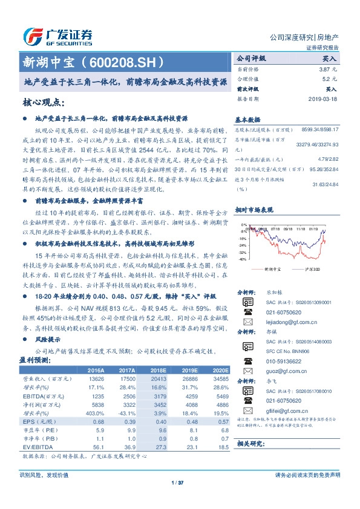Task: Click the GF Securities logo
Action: click(x=57, y=36)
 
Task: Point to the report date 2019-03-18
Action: click(x=322, y=99)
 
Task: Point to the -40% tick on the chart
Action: click(x=242, y=259)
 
